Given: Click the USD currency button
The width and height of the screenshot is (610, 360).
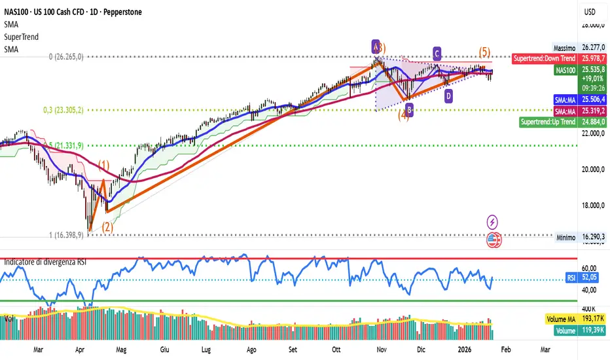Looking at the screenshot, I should [590, 12].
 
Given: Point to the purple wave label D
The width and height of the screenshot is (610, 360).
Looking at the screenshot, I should [448, 96].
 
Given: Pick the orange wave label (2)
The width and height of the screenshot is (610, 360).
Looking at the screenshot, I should [107, 226].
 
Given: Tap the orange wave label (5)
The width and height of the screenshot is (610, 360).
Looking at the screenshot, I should [484, 52].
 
